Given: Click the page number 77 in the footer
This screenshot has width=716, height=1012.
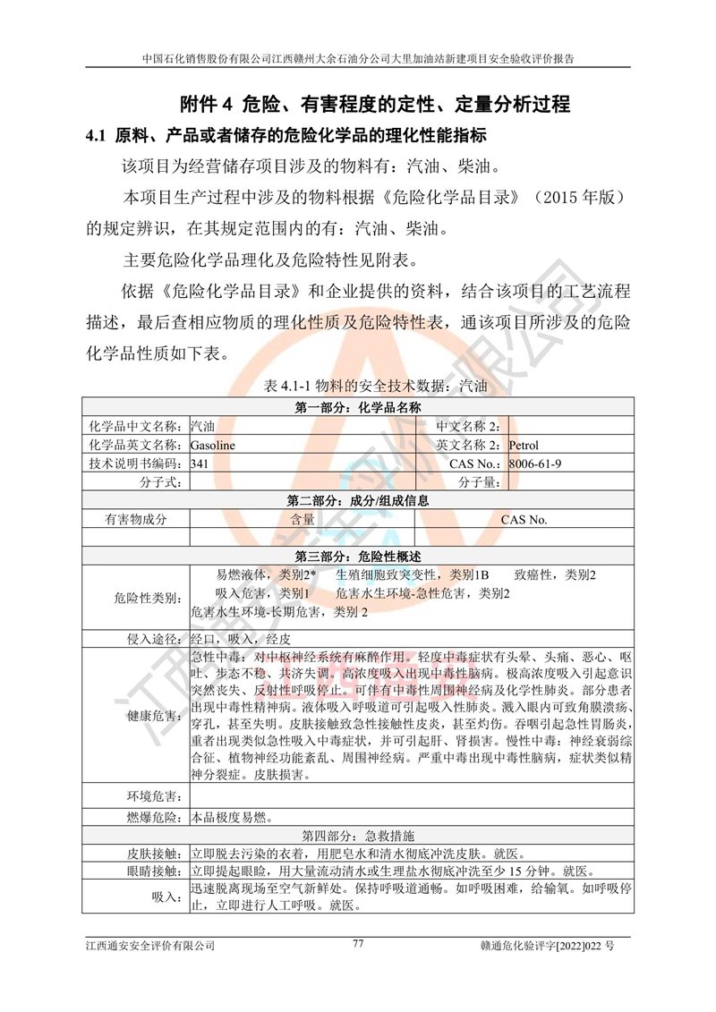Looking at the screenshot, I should coord(358,943).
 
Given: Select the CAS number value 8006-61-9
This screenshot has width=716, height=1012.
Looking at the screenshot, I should coord(535,463).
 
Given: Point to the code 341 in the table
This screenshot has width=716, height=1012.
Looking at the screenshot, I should coord(200,463).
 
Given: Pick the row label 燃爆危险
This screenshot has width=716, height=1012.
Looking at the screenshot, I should coord(155,816).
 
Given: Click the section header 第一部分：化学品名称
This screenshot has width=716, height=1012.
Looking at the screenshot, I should coord(357,408).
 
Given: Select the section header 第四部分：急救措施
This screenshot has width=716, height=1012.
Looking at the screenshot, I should coord(357,835).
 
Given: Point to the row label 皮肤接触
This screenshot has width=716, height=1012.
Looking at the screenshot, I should coord(155,854).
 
